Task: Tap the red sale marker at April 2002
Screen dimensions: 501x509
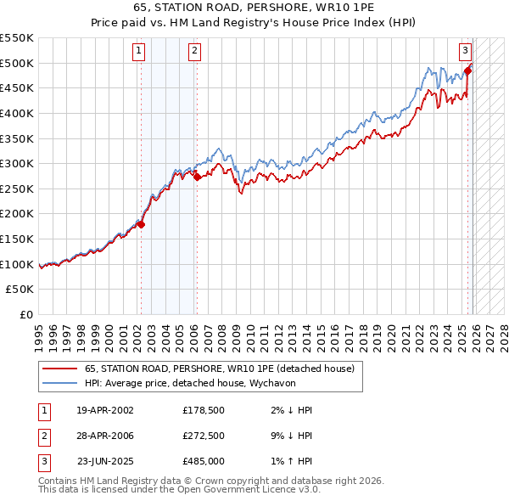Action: click(x=142, y=225)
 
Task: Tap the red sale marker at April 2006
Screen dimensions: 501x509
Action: click(x=197, y=177)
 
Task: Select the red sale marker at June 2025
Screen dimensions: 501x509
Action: click(x=467, y=70)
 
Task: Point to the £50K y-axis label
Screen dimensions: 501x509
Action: click(x=20, y=290)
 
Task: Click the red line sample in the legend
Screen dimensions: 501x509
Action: click(x=59, y=369)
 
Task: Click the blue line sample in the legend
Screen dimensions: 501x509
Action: click(x=59, y=383)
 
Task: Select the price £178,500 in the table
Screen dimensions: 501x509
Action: click(x=203, y=410)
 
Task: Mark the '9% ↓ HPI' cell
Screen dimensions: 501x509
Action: click(x=294, y=436)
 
